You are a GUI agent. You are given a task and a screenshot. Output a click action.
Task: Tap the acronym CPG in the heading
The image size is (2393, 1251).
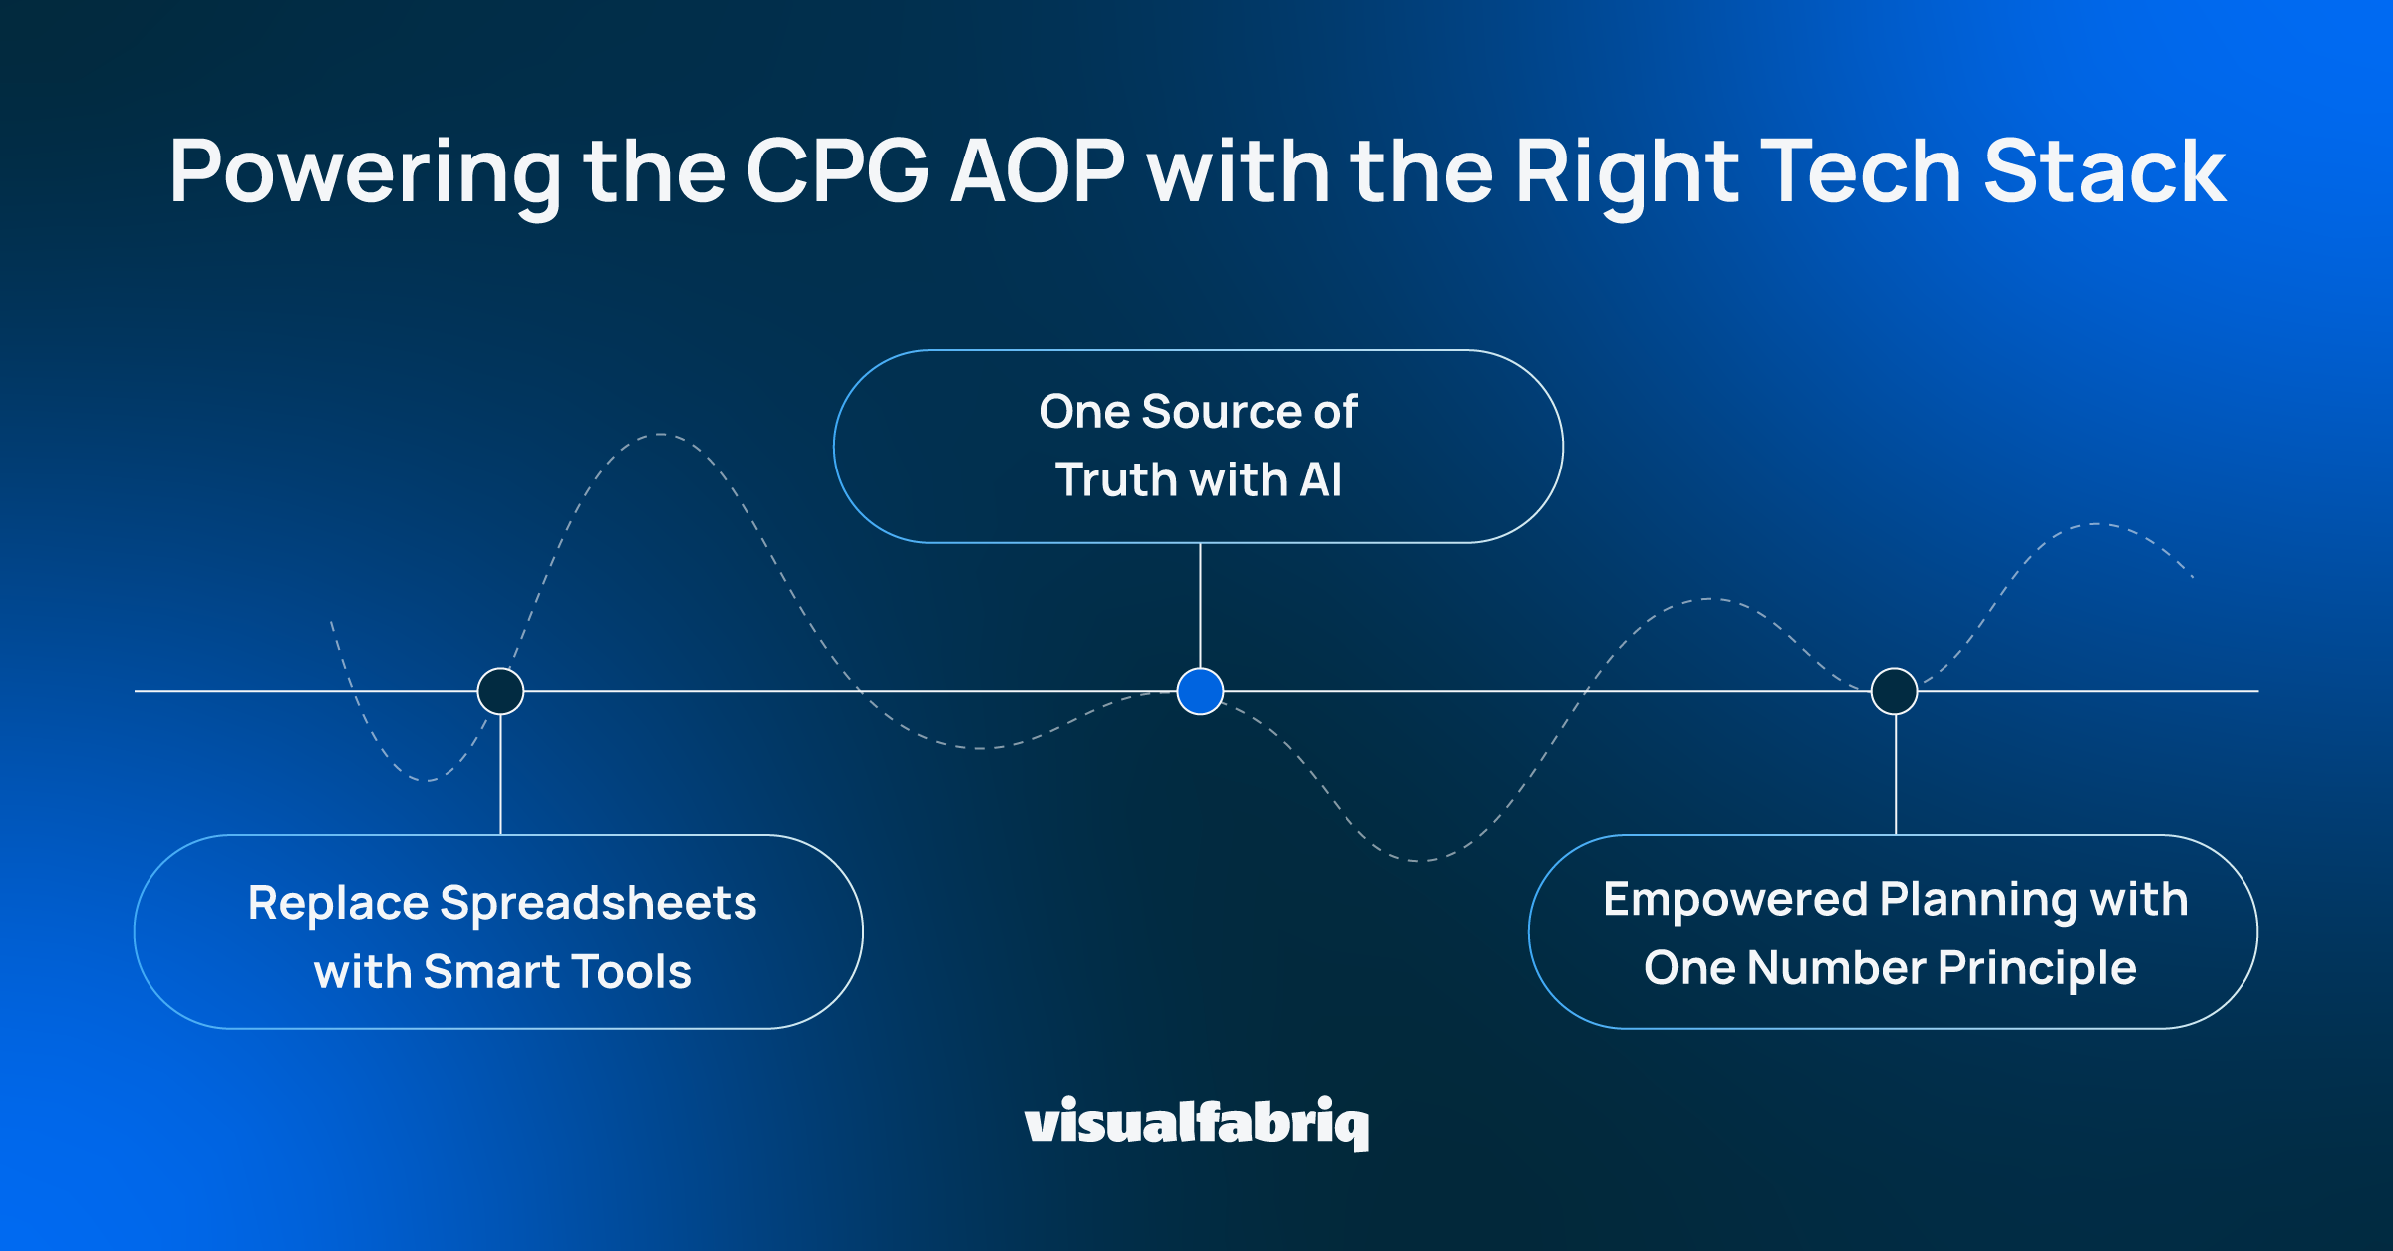[837, 172]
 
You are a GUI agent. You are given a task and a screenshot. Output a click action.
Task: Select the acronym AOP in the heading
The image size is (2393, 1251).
[1038, 172]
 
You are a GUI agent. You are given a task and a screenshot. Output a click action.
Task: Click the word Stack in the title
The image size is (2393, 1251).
[2104, 172]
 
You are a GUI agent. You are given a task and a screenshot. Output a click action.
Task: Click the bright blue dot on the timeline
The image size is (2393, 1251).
[1200, 691]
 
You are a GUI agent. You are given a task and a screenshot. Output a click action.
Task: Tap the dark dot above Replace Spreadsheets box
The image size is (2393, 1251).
[500, 691]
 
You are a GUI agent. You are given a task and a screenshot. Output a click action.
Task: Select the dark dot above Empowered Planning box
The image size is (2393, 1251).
[1894, 691]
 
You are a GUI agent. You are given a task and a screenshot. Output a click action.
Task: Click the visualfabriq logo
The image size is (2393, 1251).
[1196, 1123]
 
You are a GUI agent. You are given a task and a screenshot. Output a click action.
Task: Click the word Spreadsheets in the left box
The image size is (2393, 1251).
[598, 905]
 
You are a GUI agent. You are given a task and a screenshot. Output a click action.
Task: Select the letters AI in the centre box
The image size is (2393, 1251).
[1320, 480]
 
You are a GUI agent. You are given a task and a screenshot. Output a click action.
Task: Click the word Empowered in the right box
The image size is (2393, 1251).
[1734, 900]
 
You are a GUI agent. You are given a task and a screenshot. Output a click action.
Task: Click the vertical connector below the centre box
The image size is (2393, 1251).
[1200, 605]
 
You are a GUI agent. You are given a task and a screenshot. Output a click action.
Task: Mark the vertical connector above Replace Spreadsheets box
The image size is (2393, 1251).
[500, 775]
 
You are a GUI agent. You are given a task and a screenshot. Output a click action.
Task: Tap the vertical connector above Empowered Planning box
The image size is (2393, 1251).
[1895, 775]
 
